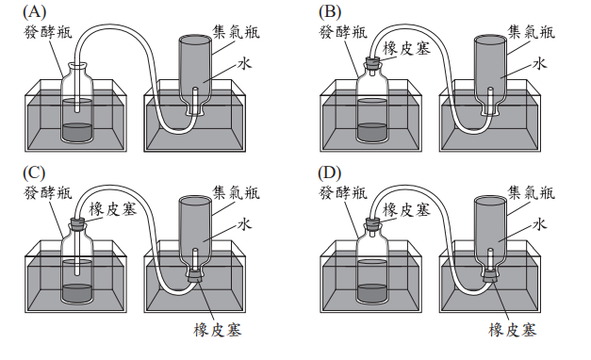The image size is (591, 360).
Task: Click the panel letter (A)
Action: (x=34, y=12)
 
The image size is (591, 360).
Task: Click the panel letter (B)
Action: (x=329, y=12)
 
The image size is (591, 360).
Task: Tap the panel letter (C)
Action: (x=34, y=173)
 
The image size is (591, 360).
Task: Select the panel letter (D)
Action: (x=329, y=173)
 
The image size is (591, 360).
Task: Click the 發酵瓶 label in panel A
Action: (x=47, y=32)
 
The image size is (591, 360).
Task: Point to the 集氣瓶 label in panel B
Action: (x=531, y=32)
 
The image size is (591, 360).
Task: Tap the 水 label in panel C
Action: (x=244, y=224)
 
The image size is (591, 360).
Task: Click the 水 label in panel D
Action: (x=539, y=224)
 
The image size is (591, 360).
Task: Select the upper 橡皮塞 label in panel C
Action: (x=113, y=208)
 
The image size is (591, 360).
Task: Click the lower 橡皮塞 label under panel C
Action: (x=217, y=330)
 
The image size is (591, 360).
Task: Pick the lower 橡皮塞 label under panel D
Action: (x=512, y=330)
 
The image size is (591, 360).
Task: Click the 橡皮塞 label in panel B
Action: (x=406, y=48)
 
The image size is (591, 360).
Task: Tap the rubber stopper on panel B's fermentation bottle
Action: (x=372, y=62)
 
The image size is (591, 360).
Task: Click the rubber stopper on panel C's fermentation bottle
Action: (x=77, y=223)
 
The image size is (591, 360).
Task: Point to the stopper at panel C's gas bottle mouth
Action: (x=195, y=276)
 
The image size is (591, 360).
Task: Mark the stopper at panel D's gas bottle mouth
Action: (x=490, y=276)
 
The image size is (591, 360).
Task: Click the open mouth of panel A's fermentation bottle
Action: (x=77, y=66)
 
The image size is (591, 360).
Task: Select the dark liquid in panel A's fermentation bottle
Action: (x=77, y=133)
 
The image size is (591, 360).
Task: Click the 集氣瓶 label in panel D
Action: (x=531, y=192)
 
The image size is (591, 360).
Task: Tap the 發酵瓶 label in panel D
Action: (x=342, y=193)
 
